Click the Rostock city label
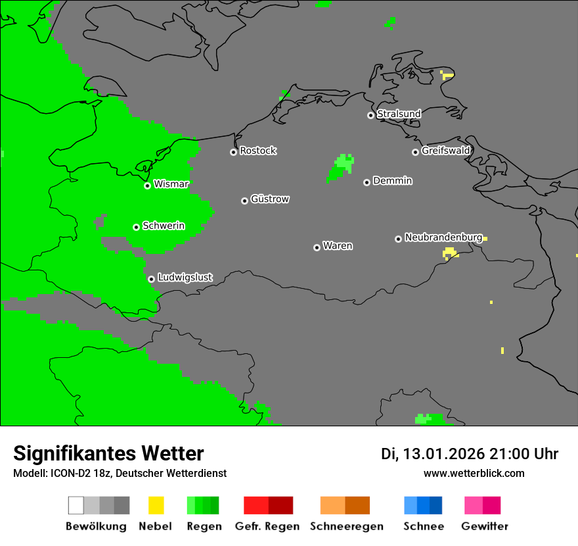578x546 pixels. [x=257, y=151]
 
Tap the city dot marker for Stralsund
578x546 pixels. [x=370, y=115]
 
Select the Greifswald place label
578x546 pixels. [x=445, y=151]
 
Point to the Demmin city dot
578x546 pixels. [x=367, y=182]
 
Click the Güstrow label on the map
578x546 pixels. [x=270, y=199]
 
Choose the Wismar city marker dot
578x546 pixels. [x=147, y=186]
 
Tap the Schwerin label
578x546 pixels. [x=164, y=226]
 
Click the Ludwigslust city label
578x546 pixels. [x=185, y=278]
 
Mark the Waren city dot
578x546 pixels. [x=317, y=247]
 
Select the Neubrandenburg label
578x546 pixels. [x=443, y=237]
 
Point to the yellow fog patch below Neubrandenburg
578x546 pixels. [x=450, y=253]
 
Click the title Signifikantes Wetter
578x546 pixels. [x=108, y=453]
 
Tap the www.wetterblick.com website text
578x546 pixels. [x=474, y=473]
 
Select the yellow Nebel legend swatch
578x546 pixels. [x=156, y=505]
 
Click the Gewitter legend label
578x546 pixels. [x=484, y=526]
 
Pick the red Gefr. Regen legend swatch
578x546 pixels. [x=268, y=505]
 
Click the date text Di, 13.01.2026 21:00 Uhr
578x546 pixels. [x=470, y=454]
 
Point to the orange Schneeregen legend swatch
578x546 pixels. [x=345, y=505]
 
